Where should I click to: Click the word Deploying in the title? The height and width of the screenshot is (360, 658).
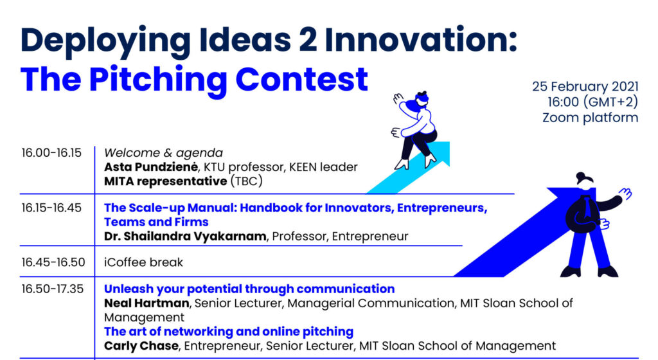(105, 41)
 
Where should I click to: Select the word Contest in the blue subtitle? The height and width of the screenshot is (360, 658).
(302, 79)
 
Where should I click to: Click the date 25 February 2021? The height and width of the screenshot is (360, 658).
(585, 86)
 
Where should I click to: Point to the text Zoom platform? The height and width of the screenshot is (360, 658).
(590, 118)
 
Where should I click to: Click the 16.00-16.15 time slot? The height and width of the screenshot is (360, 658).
(51, 153)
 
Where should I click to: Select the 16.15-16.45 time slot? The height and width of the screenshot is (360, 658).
(51, 208)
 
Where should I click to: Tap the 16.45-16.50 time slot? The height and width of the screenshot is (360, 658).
(53, 262)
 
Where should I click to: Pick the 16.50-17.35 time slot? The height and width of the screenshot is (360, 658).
(53, 289)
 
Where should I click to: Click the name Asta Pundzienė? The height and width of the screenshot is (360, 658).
(151, 167)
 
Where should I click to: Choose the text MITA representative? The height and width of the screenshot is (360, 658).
(165, 181)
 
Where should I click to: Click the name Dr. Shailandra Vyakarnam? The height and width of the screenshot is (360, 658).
(185, 236)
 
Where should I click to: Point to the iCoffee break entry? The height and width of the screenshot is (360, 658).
(143, 262)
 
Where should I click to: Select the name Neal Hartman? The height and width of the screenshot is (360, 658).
(147, 303)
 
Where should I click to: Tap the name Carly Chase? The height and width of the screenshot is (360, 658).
(141, 346)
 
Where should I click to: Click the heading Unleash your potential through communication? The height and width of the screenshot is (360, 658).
(249, 289)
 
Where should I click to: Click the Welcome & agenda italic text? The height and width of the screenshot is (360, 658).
(163, 153)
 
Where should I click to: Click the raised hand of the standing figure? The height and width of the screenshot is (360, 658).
(625, 194)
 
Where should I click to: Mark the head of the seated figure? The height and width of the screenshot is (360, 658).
(422, 99)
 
